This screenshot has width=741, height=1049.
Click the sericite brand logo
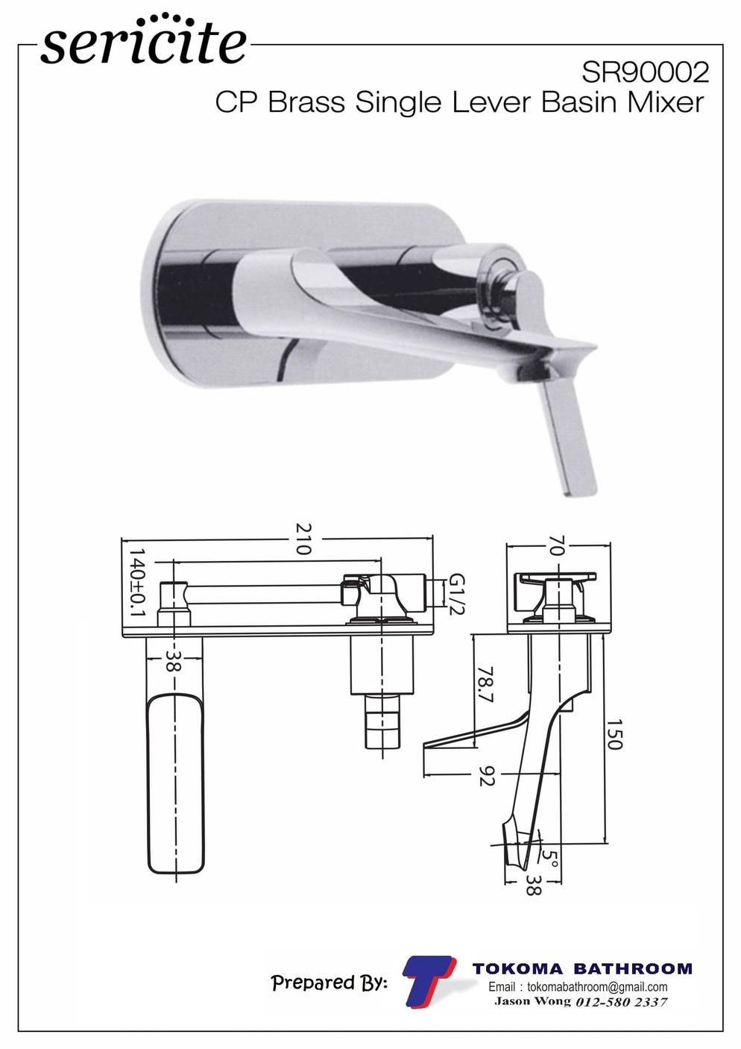click(x=143, y=41)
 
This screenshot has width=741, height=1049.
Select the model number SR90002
click(x=645, y=72)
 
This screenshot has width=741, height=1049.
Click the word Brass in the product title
click(x=306, y=102)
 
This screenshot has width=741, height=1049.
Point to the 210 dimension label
click(x=303, y=539)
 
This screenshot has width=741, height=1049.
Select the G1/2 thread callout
click(x=456, y=595)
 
